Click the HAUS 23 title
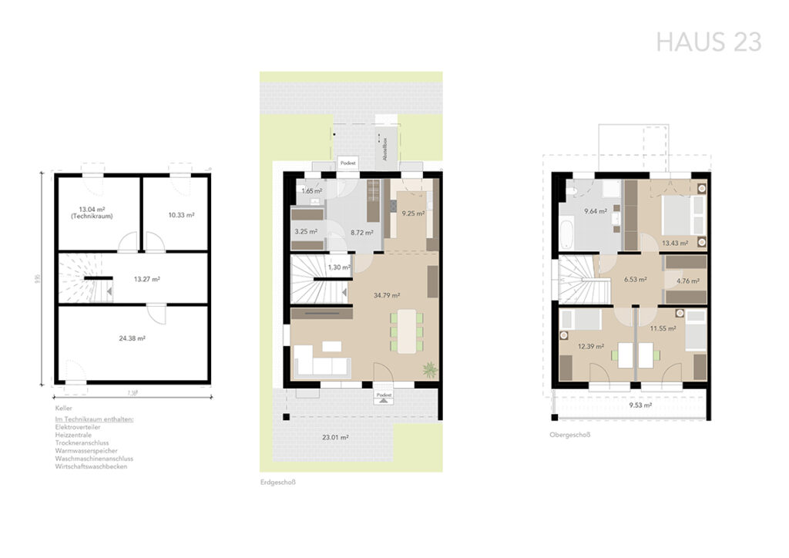(708, 42)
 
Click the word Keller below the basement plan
(64, 408)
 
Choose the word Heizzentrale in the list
(73, 435)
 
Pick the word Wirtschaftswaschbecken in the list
(91, 466)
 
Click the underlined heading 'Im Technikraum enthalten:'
(95, 418)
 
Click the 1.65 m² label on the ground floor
(311, 190)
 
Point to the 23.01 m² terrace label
(335, 437)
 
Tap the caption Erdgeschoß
(278, 482)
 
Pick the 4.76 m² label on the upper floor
(686, 281)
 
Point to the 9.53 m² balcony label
(640, 405)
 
